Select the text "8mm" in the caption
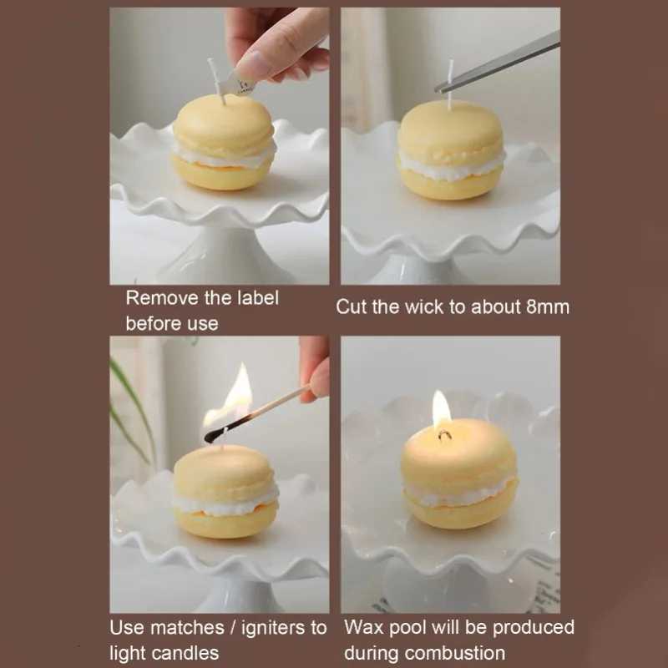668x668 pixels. coord(548,306)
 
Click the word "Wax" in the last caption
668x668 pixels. coord(364,627)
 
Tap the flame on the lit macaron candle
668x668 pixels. coord(441,409)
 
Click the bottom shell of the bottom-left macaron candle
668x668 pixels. coord(225,522)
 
